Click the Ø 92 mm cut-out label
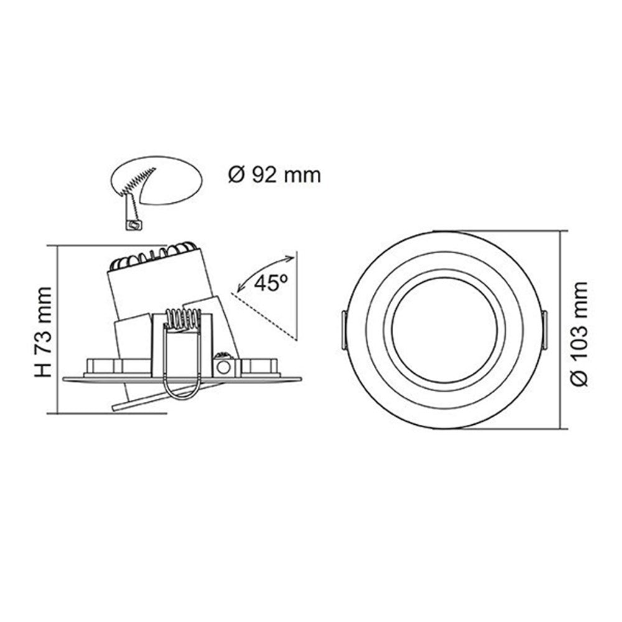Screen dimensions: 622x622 click(x=274, y=175)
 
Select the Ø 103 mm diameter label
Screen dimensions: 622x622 click(x=579, y=334)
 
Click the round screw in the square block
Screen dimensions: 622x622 click(x=223, y=367)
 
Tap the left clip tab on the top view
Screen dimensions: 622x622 click(x=343, y=330)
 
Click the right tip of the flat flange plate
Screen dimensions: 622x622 click(x=299, y=378)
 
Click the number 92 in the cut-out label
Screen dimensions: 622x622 click(x=262, y=175)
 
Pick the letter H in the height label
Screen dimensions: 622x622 click(x=42, y=370)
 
